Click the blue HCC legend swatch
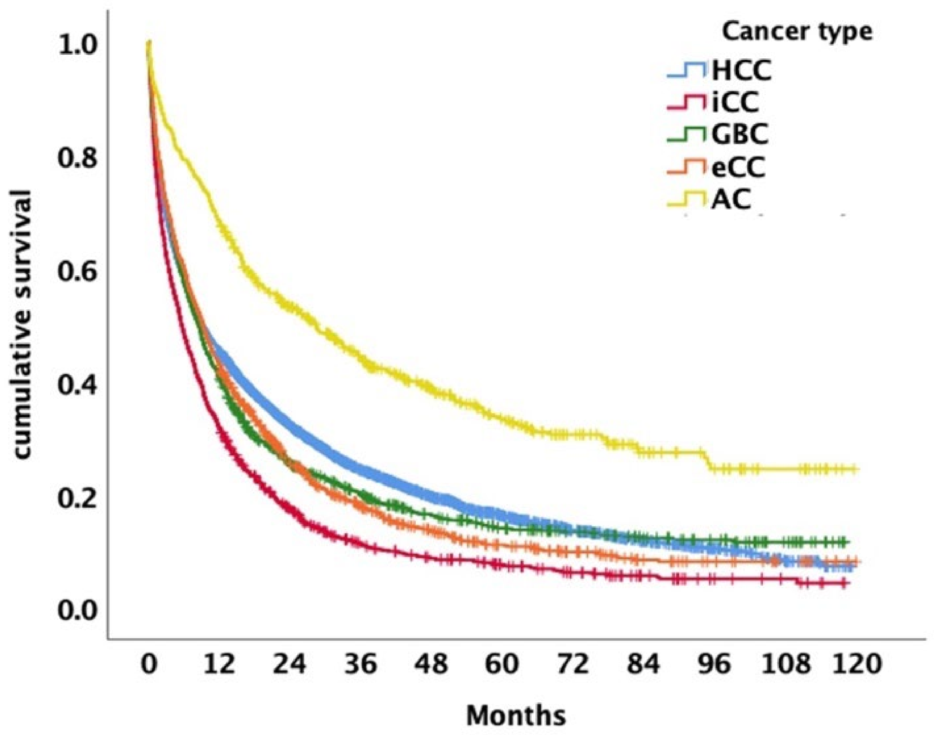[x=686, y=71]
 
